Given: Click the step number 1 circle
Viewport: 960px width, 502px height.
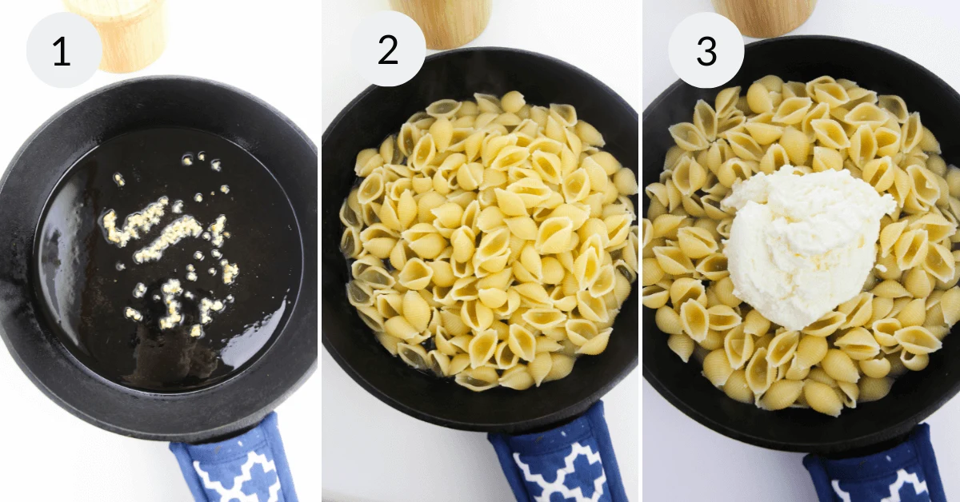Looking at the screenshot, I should (63, 50).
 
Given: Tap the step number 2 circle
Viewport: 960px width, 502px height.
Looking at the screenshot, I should (388, 50).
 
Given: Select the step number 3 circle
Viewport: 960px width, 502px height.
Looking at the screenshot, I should (706, 50).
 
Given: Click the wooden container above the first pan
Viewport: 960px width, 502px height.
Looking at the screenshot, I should (120, 32).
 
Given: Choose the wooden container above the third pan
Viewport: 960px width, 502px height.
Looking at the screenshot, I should (764, 16).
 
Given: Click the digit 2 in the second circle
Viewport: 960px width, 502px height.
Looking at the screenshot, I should (388, 50).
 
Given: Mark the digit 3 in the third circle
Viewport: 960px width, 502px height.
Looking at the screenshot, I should (706, 50).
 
